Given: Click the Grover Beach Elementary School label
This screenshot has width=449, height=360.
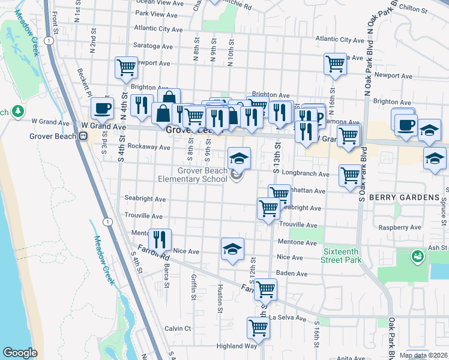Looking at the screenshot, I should (x=201, y=175).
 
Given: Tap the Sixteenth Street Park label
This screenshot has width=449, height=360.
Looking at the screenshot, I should (x=342, y=256).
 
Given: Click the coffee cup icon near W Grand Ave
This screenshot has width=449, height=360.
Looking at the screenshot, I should (x=102, y=109).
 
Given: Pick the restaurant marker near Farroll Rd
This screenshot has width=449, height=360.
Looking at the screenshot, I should (x=159, y=239).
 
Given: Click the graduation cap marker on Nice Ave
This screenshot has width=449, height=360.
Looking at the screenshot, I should (x=232, y=249).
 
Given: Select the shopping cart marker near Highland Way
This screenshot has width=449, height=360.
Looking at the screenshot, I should (x=258, y=328).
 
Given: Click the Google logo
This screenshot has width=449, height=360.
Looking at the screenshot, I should (x=20, y=352).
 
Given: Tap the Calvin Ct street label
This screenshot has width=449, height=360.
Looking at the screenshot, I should (x=178, y=328).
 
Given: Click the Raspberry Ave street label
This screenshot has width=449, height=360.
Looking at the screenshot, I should (x=400, y=227).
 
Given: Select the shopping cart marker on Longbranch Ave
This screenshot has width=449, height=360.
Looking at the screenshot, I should (x=350, y=176).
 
